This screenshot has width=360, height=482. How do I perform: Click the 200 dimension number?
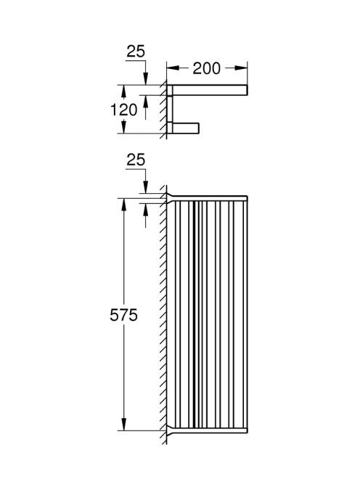(206, 68)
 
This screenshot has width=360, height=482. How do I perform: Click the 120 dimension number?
(124, 110)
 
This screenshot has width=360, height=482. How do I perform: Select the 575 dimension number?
(123, 315)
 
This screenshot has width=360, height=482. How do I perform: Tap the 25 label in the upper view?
(136, 52)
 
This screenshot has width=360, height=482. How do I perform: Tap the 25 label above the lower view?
(136, 160)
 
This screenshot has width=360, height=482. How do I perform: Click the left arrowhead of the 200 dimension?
(173, 68)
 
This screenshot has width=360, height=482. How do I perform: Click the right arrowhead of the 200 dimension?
(241, 68)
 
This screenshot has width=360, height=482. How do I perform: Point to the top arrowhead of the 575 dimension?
(123, 205)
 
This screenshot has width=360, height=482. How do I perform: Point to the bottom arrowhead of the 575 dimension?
(123, 424)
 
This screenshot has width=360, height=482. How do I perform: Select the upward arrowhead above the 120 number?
(123, 91)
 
